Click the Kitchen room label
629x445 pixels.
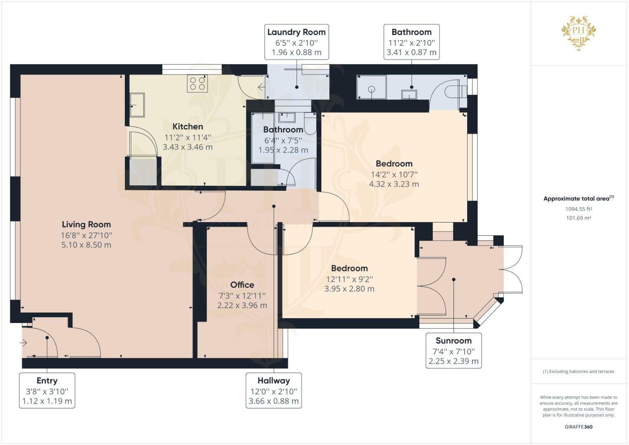(187, 126)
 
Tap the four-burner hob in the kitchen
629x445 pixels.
(197, 83)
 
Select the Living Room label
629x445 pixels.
(86, 225)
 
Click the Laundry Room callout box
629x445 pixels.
(297, 42)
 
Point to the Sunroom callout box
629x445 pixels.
(454, 351)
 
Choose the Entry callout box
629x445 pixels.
(47, 391)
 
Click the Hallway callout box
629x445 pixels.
(274, 391)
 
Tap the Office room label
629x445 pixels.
(242, 285)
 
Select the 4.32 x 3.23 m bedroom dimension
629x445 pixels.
(394, 184)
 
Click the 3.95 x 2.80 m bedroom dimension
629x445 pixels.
(349, 289)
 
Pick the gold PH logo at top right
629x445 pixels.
(578, 33)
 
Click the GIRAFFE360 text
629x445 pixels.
(578, 427)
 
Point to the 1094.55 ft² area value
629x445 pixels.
(578, 209)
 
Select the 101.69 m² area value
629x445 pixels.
(578, 218)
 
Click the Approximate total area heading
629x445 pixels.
(578, 198)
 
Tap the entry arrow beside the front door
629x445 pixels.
(23, 343)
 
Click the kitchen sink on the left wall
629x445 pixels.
(137, 105)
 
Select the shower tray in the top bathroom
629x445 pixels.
(372, 87)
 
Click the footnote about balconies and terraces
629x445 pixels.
(578, 371)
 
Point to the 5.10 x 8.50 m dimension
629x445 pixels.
(86, 245)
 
